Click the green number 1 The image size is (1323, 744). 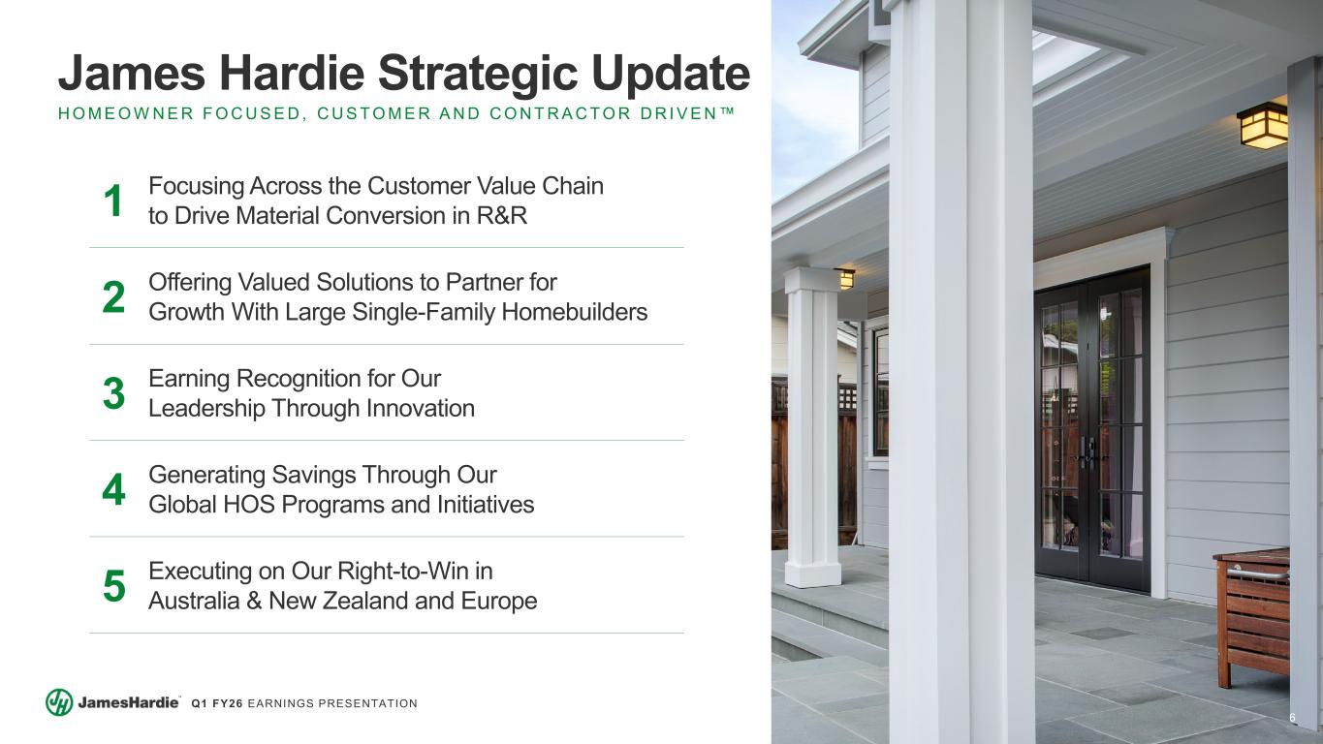[x=113, y=201]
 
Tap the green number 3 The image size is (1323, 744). [x=113, y=394]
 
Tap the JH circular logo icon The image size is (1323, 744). [x=59, y=702]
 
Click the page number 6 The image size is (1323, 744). [x=1292, y=717]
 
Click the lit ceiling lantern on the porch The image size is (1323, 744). [x=1263, y=126]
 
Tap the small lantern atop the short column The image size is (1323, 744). [x=846, y=278]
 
